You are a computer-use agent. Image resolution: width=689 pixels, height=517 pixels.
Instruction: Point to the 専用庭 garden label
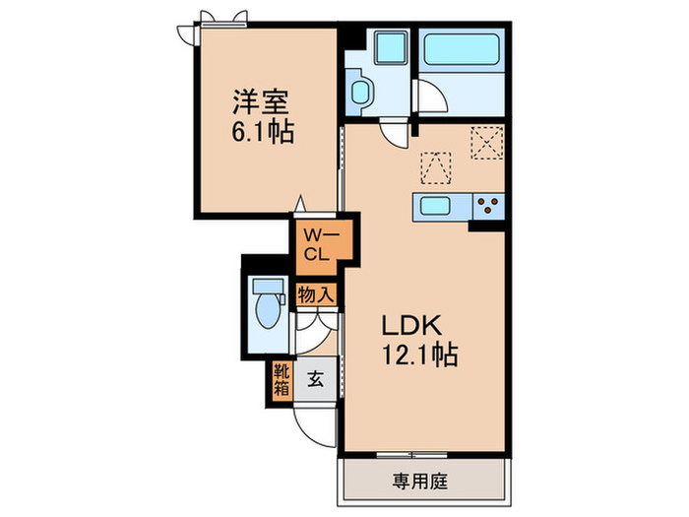(423, 483)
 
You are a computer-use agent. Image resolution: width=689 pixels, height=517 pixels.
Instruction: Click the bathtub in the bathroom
(461, 48)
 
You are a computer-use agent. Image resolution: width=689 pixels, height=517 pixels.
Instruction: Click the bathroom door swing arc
(429, 99)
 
